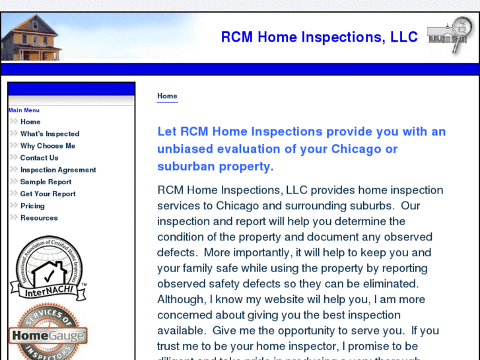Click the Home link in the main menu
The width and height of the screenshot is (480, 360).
click(x=30, y=122)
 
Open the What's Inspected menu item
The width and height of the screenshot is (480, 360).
click(x=50, y=133)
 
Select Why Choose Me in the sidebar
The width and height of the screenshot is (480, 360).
click(x=48, y=146)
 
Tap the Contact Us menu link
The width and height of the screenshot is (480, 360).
click(x=39, y=158)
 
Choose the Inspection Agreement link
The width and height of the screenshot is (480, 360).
click(x=58, y=170)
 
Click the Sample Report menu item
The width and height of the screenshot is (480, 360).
click(x=46, y=182)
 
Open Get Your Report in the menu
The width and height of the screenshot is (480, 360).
click(x=48, y=194)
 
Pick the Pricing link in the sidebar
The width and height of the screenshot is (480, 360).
click(x=32, y=205)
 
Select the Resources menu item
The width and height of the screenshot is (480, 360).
click(x=39, y=218)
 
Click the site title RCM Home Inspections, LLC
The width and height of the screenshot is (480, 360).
click(x=319, y=37)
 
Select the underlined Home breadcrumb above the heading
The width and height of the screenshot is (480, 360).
click(x=167, y=96)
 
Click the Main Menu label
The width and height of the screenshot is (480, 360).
click(x=24, y=110)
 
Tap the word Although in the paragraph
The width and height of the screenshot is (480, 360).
click(x=180, y=299)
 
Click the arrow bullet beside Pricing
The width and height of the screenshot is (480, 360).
click(x=14, y=205)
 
